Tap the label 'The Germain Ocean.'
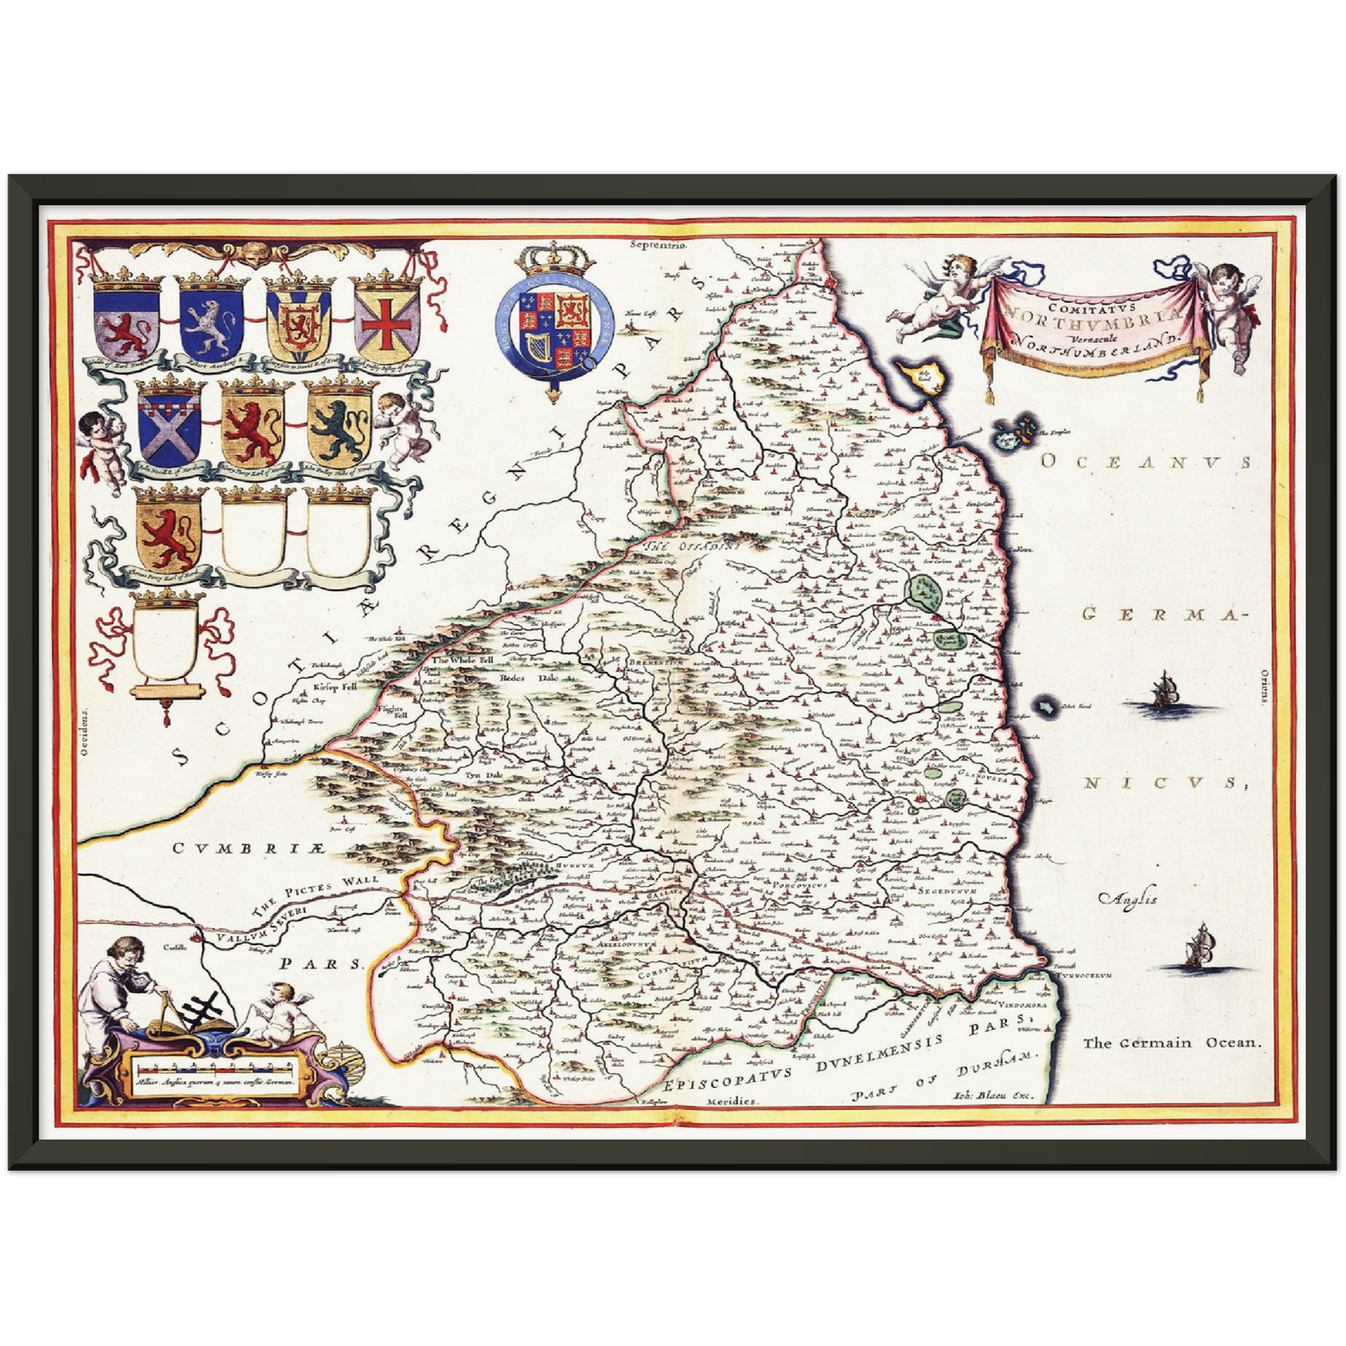(x=1171, y=1043)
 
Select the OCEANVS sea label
(x=1144, y=463)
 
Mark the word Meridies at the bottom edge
(x=733, y=1100)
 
